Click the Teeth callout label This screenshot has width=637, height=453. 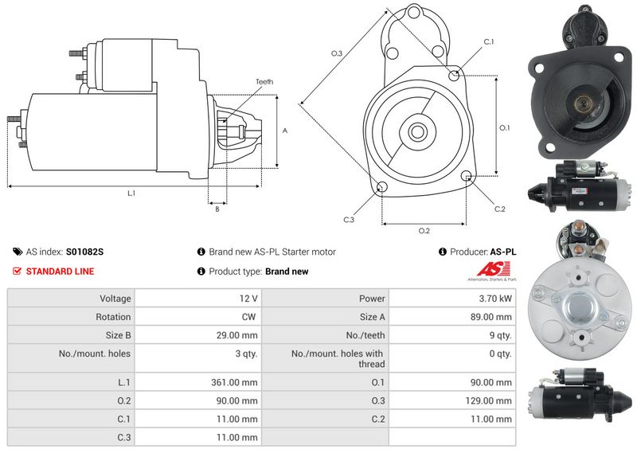pos(264,82)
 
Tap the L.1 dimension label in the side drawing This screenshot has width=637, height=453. pos(131,193)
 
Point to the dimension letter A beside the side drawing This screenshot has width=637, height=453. pos(285,131)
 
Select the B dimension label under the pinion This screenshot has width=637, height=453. pos(217,209)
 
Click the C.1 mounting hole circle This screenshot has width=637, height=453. pos(454,75)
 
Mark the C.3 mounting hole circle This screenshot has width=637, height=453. pos(382,187)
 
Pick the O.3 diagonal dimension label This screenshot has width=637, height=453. pos(337,53)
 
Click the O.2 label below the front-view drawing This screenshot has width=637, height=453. pos(424,231)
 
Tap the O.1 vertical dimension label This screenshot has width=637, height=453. pos(504,128)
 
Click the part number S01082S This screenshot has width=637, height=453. pos(84,252)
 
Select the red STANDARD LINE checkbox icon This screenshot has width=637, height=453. pos(17,271)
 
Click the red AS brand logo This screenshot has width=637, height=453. pos(493,269)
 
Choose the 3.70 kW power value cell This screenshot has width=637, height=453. pos(452,299)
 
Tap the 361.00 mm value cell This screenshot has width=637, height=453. pos(198,382)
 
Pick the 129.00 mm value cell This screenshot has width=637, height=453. pos(452,400)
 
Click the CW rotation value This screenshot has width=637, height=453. pos(248,317)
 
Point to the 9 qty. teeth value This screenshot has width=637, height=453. pos(501,335)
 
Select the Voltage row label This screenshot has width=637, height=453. pos(115,299)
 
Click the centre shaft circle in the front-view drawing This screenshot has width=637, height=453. pos(417,131)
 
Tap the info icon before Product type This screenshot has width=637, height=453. pos(201,271)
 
